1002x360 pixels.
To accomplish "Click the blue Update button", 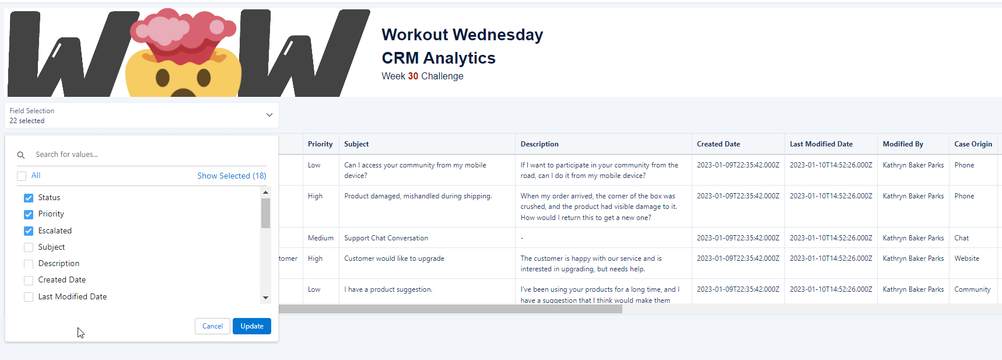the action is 252,326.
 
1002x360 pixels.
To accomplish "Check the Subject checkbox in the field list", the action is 29,247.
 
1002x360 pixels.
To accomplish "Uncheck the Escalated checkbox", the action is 29,231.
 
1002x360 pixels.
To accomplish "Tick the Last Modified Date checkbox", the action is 29,297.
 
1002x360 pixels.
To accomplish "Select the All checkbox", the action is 22,176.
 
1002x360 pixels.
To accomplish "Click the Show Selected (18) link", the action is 232,176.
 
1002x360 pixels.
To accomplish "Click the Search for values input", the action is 146,155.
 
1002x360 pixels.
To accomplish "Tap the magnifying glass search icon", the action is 21,155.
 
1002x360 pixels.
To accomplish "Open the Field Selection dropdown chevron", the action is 269,115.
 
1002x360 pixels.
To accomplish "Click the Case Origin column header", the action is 973,144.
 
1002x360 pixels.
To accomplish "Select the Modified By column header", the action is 903,144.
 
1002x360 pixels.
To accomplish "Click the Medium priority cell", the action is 321,238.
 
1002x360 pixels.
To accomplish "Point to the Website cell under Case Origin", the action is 966,258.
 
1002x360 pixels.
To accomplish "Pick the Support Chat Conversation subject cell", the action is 386,238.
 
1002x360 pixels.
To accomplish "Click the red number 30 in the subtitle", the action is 413,76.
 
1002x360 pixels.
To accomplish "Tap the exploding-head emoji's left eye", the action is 163,78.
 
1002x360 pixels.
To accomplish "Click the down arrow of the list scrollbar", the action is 265,298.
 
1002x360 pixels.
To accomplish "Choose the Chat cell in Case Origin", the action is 961,238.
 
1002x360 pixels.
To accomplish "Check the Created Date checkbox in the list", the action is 29,281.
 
